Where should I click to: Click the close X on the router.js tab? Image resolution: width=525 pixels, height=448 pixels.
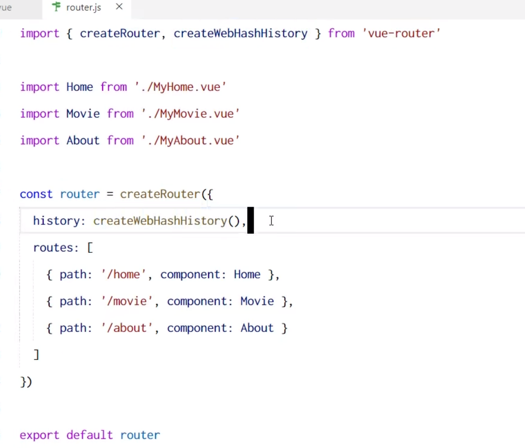click(119, 7)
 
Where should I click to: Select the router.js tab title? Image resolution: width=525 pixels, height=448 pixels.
click(83, 8)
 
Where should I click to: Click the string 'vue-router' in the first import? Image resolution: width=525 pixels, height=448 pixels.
click(401, 33)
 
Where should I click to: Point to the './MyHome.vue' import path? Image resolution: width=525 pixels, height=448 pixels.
click(180, 87)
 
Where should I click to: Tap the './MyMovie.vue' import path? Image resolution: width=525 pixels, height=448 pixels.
click(190, 114)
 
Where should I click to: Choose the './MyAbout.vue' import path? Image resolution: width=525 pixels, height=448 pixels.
click(190, 140)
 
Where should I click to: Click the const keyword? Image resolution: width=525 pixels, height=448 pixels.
click(36, 194)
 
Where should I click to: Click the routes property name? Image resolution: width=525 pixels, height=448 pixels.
click(53, 247)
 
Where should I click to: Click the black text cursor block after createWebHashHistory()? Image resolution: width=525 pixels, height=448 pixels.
click(251, 220)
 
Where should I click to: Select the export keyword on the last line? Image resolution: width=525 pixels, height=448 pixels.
click(39, 435)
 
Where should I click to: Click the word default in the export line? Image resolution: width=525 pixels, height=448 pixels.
click(90, 435)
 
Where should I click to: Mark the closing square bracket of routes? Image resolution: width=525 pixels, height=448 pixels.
click(37, 355)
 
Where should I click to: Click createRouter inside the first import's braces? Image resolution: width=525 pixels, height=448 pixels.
click(120, 33)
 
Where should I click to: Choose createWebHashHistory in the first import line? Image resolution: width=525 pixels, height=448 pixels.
click(240, 33)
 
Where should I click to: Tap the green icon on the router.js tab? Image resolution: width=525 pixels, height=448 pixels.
click(56, 7)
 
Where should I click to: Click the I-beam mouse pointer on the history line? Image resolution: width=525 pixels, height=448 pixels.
click(271, 220)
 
